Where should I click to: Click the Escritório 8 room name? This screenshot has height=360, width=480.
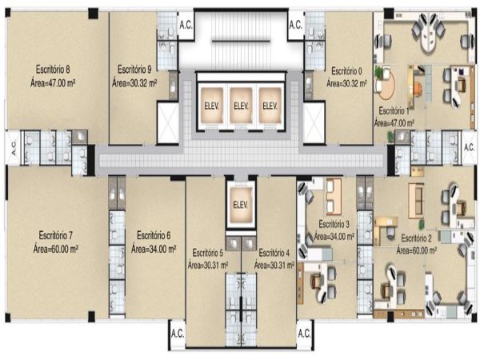pyautogui.click(x=53, y=70)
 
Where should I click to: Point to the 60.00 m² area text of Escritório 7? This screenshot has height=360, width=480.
pyautogui.click(x=56, y=249)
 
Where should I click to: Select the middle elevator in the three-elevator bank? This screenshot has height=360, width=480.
pyautogui.click(x=241, y=106)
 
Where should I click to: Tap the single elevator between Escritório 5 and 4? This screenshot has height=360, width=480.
pyautogui.click(x=241, y=205)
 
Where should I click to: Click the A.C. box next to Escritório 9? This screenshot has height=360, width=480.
pyautogui.click(x=186, y=26)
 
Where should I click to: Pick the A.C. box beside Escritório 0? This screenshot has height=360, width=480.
pyautogui.click(x=296, y=26)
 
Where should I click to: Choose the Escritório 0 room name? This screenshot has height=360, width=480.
pyautogui.click(x=346, y=71)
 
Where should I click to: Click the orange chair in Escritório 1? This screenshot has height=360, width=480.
pyautogui.click(x=418, y=89)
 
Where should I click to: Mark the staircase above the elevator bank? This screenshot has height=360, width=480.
pyautogui.click(x=242, y=41)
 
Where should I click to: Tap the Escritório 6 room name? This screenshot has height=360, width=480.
pyautogui.click(x=154, y=235)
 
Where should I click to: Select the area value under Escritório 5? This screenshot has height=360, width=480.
pyautogui.click(x=208, y=265)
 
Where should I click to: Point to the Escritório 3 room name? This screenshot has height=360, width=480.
pyautogui.click(x=334, y=224)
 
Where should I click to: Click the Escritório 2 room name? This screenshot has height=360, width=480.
pyautogui.click(x=416, y=238)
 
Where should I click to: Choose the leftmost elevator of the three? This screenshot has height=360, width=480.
pyautogui.click(x=211, y=106)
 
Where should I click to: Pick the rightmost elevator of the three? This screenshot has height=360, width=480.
pyautogui.click(x=270, y=106)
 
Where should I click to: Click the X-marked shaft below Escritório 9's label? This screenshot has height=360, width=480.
pyautogui.click(x=168, y=122)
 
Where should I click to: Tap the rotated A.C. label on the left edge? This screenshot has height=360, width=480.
pyautogui.click(x=13, y=147)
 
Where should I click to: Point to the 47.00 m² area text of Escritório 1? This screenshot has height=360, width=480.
pyautogui.click(x=394, y=123)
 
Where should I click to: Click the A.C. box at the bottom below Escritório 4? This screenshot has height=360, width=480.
pyautogui.click(x=304, y=334)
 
